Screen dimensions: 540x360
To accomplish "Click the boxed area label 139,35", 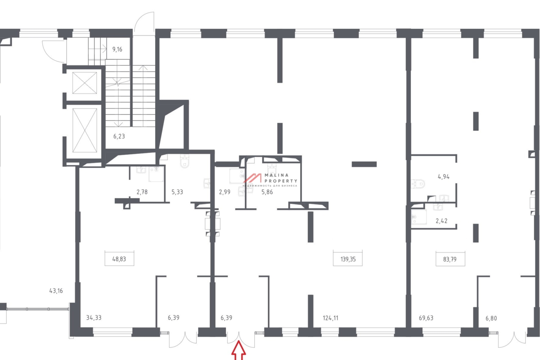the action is [x=347, y=259].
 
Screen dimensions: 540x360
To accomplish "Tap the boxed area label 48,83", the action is [x=119, y=259].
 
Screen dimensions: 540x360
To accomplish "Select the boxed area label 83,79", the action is [x=450, y=259].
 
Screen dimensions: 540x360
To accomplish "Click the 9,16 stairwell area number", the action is [x=117, y=49].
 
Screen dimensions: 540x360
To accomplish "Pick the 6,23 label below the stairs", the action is [x=119, y=136].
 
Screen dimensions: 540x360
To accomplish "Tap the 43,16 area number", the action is [x=56, y=291].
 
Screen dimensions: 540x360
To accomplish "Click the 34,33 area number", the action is [x=94, y=318].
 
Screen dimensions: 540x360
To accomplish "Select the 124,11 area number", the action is [x=330, y=318].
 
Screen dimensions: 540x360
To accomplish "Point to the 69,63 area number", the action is [x=426, y=318].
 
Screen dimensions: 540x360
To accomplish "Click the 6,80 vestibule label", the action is [x=491, y=318].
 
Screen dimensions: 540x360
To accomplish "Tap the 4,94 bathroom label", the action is [x=444, y=177].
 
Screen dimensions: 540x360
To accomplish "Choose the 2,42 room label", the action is [x=441, y=221].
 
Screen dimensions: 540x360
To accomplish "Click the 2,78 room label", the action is [x=142, y=192].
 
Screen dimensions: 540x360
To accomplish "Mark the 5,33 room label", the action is [x=177, y=192].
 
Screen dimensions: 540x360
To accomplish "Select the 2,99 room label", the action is [x=225, y=192].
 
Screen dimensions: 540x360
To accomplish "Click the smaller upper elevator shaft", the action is [x=85, y=83].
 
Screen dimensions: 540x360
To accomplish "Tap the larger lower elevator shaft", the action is [x=85, y=130].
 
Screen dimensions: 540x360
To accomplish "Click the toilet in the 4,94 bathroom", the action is [x=418, y=184].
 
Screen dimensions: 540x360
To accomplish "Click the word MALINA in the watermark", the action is [x=276, y=175].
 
